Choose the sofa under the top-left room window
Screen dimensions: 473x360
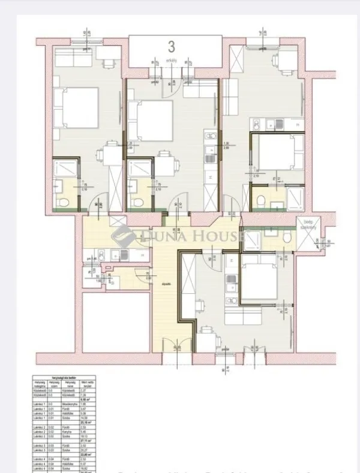click(x=71, y=59)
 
